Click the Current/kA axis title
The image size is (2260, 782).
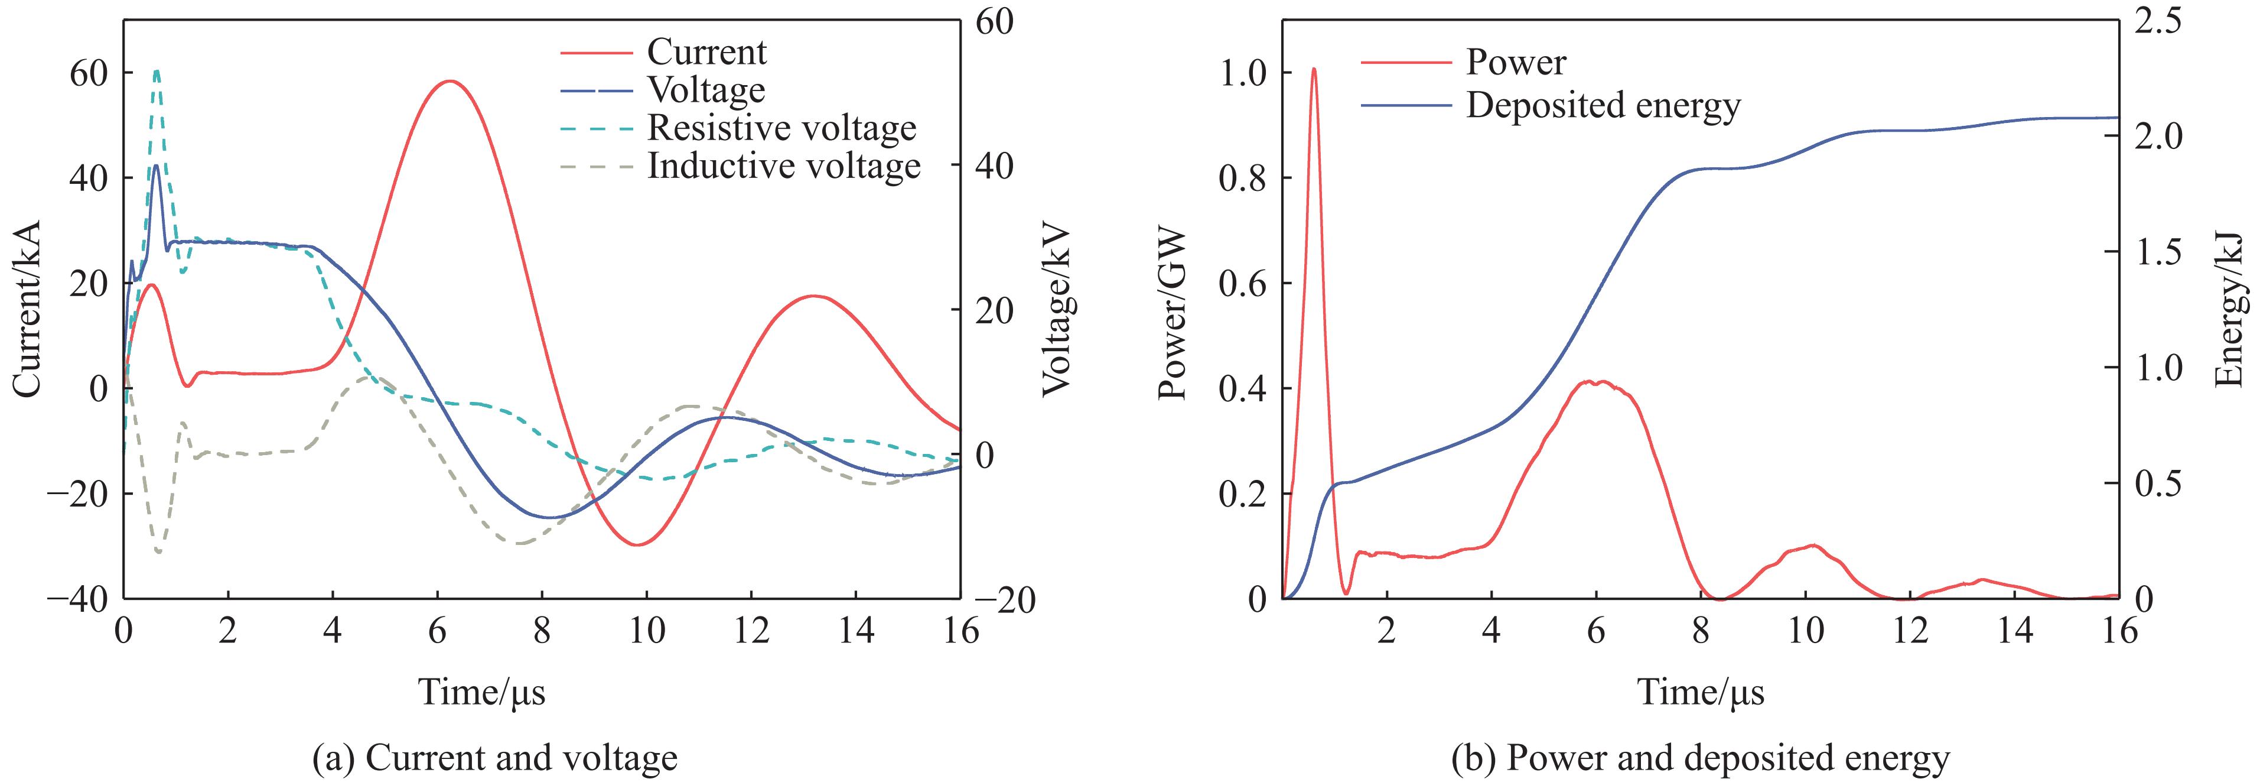tap(27, 307)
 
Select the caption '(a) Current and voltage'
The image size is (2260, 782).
tap(495, 757)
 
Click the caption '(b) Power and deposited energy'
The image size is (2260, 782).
tap(1700, 757)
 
